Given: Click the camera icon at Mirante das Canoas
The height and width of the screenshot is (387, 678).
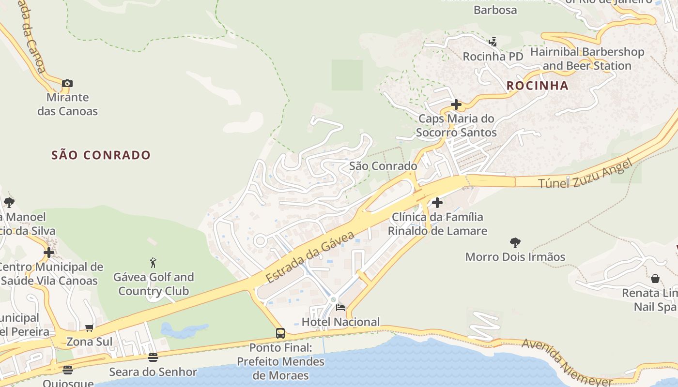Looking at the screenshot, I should tap(67, 83).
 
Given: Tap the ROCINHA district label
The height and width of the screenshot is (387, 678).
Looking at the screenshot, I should tap(537, 86).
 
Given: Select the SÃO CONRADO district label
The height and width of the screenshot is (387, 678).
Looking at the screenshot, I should tap(101, 155).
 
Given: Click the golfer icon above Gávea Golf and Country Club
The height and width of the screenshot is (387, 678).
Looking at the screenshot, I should tap(154, 263).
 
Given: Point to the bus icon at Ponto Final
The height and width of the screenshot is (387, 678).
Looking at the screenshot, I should tap(280, 333).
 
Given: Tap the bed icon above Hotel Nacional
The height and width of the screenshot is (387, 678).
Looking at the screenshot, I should tap(340, 308).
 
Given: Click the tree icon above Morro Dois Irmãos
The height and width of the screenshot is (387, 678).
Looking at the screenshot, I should tap(515, 242).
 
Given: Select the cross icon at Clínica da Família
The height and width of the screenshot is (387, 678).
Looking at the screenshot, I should tap(437, 202).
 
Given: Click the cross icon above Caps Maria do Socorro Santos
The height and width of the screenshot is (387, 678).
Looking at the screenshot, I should tap(456, 104).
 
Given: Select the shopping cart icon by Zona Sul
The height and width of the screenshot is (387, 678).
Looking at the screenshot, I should tap(89, 327).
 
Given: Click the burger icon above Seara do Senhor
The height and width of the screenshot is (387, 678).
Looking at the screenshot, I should tap(153, 357).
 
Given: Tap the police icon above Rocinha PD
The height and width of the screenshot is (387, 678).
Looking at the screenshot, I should tap(493, 42).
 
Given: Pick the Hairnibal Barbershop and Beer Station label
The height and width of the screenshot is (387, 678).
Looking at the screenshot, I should tap(587, 59).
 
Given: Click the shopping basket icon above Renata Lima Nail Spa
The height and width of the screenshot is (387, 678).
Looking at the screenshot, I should tap(655, 279).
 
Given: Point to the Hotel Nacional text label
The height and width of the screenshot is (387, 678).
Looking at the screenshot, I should tap(340, 322).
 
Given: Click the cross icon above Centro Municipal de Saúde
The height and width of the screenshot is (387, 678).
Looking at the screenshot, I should tap(48, 253).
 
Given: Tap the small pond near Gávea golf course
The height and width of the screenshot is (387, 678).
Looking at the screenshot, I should tap(182, 331).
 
